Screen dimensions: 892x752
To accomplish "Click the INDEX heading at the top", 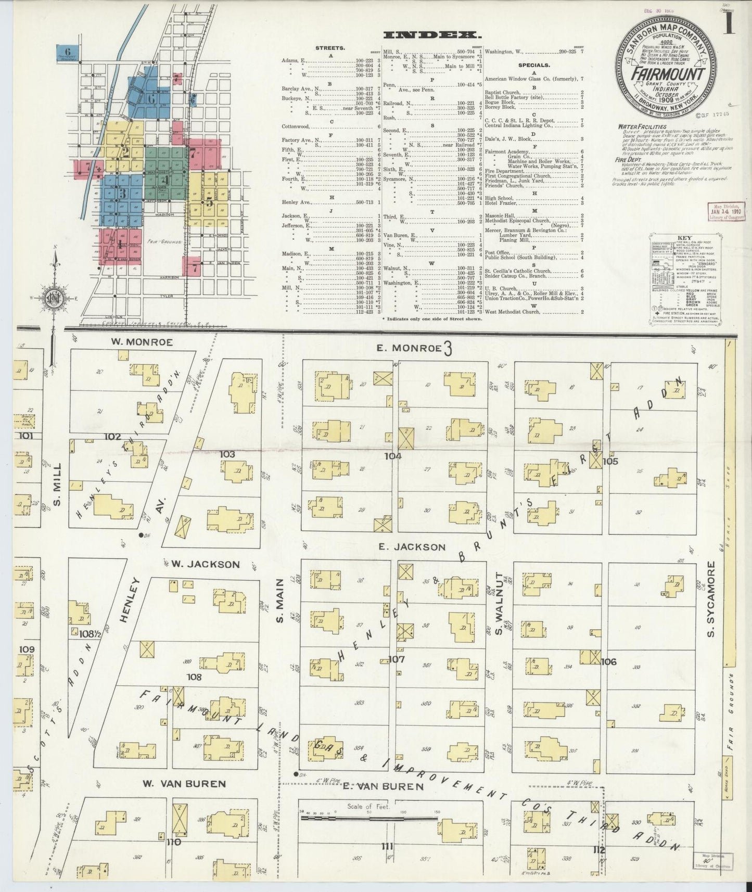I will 431,35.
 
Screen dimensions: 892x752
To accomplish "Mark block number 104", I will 393,456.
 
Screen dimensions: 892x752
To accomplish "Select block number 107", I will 397,659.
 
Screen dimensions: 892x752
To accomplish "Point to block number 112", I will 599,850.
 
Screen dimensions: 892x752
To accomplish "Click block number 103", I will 227,454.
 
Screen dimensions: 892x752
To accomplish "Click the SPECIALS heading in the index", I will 534,65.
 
